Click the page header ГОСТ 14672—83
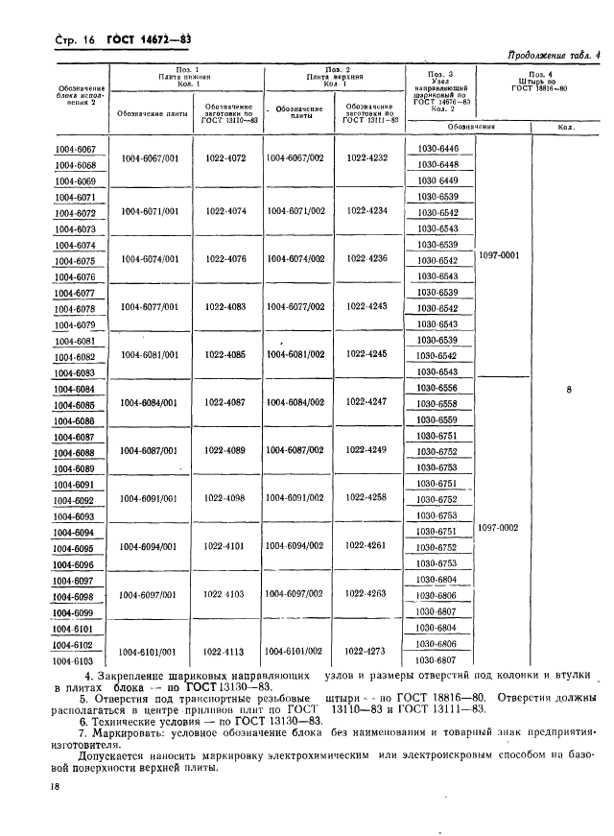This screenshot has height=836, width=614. pyautogui.click(x=103, y=38)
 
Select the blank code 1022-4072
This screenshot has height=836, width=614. pyautogui.click(x=225, y=157)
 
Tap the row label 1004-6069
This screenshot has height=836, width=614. pyautogui.click(x=75, y=180)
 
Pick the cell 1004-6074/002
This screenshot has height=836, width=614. pyautogui.click(x=295, y=259)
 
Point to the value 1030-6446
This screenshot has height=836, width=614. pyautogui.click(x=438, y=148)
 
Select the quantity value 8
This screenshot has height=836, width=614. pyautogui.click(x=569, y=391)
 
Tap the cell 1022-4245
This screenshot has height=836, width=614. pyautogui.click(x=368, y=353)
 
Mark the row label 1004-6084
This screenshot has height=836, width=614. pyautogui.click(x=75, y=389)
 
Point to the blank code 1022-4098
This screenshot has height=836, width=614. pyautogui.click(x=225, y=498)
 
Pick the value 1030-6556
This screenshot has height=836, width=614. pyautogui.click(x=438, y=388)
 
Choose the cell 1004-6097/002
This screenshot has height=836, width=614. pyautogui.click(x=295, y=594)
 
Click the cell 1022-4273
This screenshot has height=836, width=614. pyautogui.click(x=368, y=650)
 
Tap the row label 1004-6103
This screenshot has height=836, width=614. pyautogui.click(x=75, y=661)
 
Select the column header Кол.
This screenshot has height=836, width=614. pyautogui.click(x=569, y=127)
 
